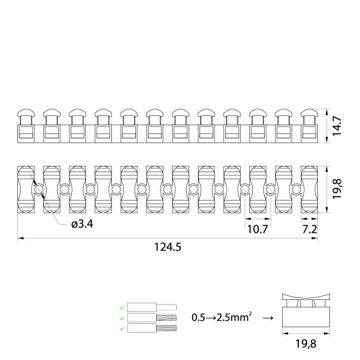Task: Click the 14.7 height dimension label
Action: point(337,126)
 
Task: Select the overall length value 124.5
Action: point(167,247)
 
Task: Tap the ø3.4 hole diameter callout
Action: point(82,224)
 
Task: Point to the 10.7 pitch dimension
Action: point(257,229)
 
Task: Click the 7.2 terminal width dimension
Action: point(309,229)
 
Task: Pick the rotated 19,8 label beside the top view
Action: point(337,189)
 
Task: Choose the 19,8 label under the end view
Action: point(305,344)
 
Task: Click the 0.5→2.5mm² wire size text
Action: point(221,317)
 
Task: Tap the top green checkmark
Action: point(123,307)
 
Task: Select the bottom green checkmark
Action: point(123,329)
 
